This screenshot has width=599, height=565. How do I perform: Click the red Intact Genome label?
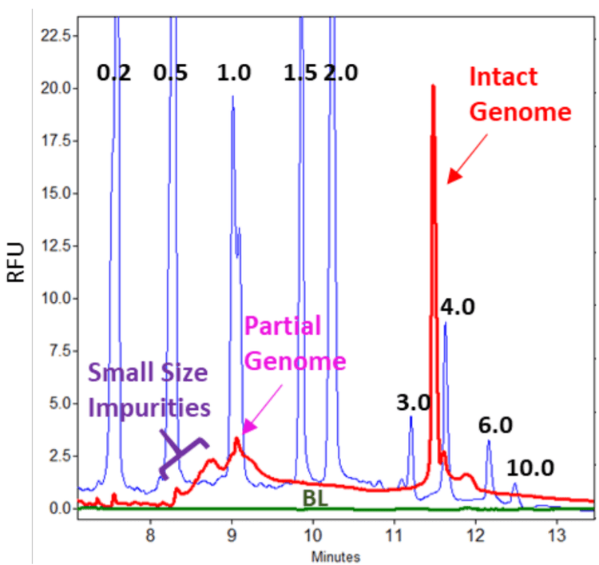tap(519, 95)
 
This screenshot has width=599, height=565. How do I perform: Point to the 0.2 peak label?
tap(113, 74)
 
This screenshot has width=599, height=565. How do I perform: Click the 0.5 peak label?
tap(170, 74)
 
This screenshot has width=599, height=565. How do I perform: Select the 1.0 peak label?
tap(234, 74)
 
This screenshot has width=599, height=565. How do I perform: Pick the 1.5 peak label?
tap(300, 74)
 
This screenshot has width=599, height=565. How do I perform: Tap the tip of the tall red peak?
tap(432, 86)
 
